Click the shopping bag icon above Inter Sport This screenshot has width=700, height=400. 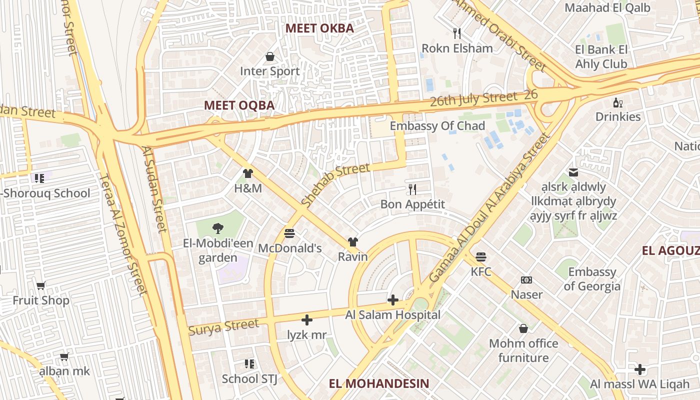point(270,56)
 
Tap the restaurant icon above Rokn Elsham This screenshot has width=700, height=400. point(456,33)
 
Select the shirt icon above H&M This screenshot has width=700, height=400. point(247,173)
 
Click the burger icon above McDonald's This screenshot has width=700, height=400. point(289,233)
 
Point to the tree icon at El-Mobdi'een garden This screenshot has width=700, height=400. point(217,228)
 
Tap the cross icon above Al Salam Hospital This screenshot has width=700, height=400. point(393,300)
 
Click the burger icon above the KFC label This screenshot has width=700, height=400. point(481,257)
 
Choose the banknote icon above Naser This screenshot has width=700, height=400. point(526,280)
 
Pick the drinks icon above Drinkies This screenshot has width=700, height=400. point(618,102)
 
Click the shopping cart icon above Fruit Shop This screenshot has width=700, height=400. point(41,285)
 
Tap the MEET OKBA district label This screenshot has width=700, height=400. point(319,28)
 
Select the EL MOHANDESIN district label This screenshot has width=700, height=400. point(379,383)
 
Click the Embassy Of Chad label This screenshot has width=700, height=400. point(437,126)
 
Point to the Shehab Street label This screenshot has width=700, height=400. point(335,184)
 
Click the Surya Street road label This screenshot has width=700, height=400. point(223,327)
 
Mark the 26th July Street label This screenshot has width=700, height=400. point(473,98)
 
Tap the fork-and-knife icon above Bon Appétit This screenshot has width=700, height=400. point(412,189)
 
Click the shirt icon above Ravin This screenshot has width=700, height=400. point(352,242)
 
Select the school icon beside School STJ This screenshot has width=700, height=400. point(249,363)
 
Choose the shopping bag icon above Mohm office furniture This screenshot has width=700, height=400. point(523,328)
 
